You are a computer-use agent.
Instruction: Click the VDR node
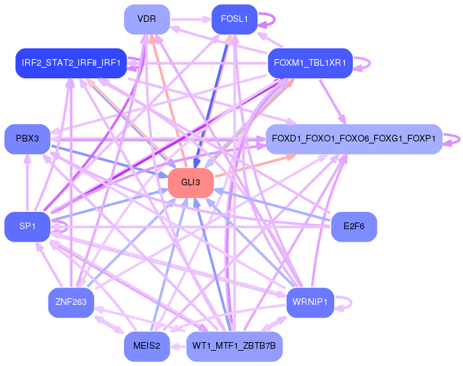(147, 19)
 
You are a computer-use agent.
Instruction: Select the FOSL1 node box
(233, 19)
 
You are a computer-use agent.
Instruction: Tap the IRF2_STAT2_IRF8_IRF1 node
(70, 63)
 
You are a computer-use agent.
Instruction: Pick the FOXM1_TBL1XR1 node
(309, 63)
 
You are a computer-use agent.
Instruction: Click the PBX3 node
(27, 138)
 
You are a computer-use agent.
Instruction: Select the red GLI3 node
(190, 183)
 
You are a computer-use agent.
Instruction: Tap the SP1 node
(27, 227)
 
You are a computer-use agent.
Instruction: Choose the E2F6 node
(354, 227)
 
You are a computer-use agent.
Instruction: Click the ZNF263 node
(70, 302)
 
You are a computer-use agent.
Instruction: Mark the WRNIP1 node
(309, 302)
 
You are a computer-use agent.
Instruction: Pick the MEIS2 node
(147, 346)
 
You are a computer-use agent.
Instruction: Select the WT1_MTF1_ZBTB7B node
(233, 346)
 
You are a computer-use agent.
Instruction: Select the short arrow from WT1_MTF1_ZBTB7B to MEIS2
(178, 346)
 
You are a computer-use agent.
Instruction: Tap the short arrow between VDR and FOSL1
(191, 19)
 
